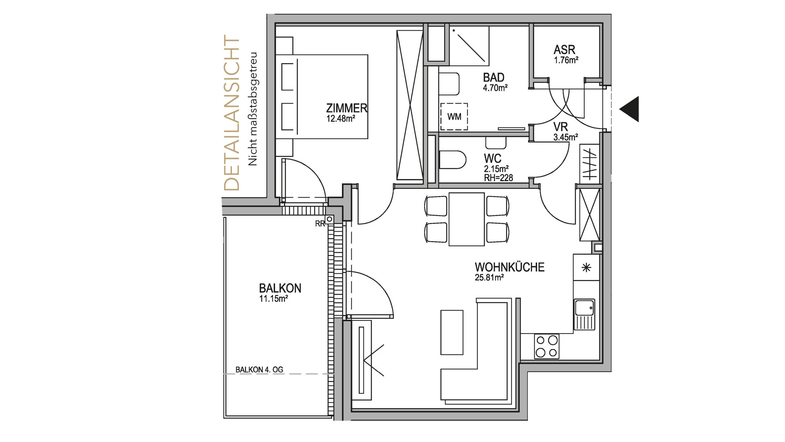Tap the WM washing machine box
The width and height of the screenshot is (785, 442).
[x=454, y=117]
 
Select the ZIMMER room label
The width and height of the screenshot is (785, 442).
[x=347, y=108]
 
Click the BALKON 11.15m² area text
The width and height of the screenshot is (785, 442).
[x=274, y=299]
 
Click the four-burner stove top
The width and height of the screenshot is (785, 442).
[x=547, y=346]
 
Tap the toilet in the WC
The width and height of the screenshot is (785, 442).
[x=453, y=160]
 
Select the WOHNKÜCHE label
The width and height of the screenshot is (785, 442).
[x=509, y=267]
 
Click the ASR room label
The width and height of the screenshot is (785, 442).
[x=564, y=50]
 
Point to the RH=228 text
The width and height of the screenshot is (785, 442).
[x=498, y=178]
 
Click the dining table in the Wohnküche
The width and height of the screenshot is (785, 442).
[x=467, y=219]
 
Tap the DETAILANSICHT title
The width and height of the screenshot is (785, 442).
[x=231, y=113]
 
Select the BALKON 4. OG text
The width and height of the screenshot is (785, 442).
[x=259, y=370]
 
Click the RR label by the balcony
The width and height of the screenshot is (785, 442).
[x=320, y=224]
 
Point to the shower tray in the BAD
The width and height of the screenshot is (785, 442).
[x=469, y=45]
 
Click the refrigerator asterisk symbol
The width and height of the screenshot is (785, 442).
[x=586, y=268]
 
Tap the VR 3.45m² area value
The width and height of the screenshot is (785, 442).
[x=565, y=138]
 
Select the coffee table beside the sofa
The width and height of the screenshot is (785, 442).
[x=452, y=332]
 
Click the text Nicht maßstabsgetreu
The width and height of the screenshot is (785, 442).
[x=253, y=108]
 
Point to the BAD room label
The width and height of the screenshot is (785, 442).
[x=493, y=77]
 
